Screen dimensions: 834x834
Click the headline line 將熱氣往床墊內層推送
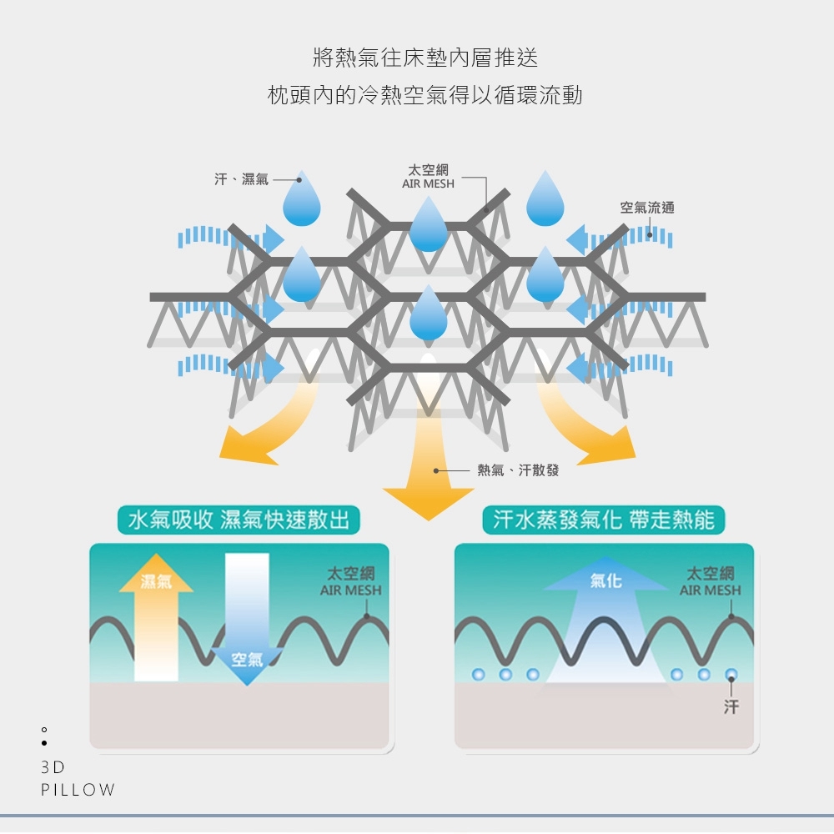click(x=425, y=58)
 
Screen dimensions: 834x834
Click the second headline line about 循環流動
click(x=425, y=95)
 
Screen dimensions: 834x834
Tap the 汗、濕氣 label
click(x=241, y=179)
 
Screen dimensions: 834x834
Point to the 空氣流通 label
click(x=647, y=208)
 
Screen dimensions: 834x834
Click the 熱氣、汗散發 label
click(x=517, y=470)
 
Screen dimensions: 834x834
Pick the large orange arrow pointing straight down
click(x=428, y=467)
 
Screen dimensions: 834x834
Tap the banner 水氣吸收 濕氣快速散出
click(x=239, y=520)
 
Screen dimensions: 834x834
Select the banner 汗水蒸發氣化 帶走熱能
click(x=604, y=520)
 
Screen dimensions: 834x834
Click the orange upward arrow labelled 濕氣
click(x=156, y=625)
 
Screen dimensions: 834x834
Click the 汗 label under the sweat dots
click(x=731, y=707)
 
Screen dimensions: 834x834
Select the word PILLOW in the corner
click(x=78, y=790)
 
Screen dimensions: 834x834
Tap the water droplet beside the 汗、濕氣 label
click(x=301, y=200)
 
